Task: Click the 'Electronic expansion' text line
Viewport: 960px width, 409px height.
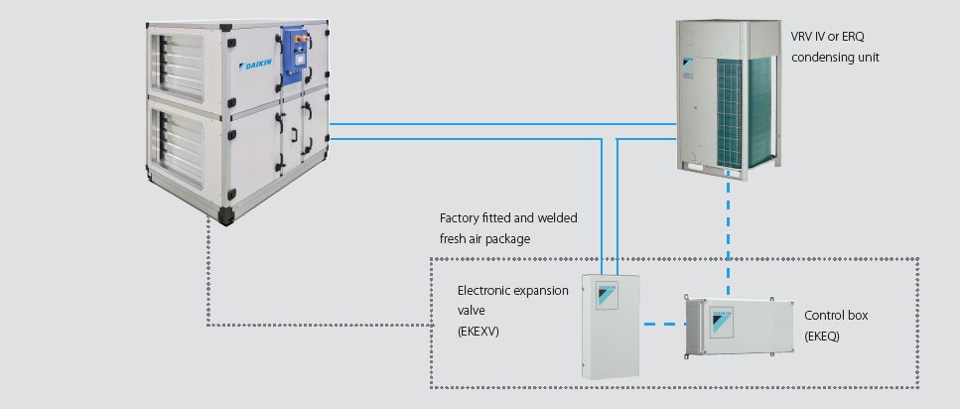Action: [512, 291]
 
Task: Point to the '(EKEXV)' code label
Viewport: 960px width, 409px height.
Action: [480, 332]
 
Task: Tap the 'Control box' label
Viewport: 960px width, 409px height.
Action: [836, 315]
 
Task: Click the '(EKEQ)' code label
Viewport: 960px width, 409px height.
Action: [823, 336]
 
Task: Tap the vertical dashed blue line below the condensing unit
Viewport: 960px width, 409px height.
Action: [729, 228]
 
